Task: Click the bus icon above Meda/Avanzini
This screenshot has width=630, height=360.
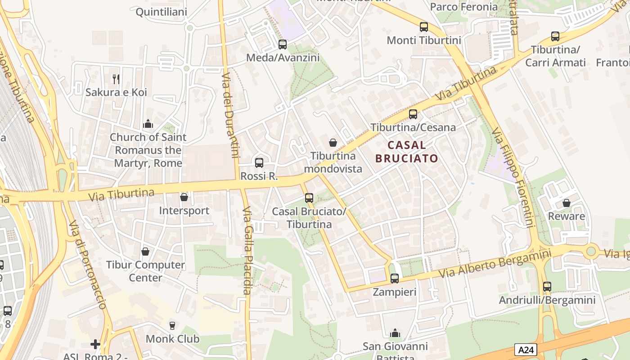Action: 283,45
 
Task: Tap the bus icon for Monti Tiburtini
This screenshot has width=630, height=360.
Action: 424,27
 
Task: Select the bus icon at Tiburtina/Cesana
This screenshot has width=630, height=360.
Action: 413,114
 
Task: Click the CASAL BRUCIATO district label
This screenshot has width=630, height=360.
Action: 407,152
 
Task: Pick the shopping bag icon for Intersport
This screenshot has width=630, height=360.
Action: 184,197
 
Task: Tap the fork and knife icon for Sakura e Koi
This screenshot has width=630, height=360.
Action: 117,79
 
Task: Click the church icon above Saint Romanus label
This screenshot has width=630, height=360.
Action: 148,124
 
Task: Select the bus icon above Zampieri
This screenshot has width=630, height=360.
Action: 395,279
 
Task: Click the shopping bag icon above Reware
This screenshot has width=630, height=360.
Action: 567,203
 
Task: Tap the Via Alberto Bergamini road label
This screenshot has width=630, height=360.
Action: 495,263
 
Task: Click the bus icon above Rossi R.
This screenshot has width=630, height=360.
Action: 259,163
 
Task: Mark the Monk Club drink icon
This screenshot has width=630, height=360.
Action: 172,325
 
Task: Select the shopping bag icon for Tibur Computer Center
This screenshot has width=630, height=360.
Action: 145,252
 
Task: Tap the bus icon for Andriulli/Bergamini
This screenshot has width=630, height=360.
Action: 547,287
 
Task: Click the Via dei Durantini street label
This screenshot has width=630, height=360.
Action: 230,115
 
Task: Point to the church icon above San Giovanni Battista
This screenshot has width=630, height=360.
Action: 395,333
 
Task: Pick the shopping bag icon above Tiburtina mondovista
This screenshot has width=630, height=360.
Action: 333,143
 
